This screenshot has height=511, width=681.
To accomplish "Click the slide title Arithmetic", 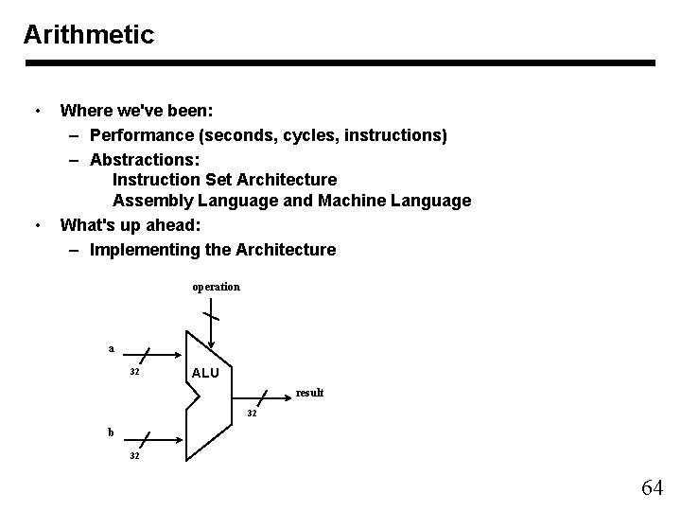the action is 88,35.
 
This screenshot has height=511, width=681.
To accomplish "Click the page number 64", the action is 652,487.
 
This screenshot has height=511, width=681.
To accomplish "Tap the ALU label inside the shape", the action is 204,373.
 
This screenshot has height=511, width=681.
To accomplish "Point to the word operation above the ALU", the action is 216,286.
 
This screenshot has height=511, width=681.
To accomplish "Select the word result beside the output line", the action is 309,392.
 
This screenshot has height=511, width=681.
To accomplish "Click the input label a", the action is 111,348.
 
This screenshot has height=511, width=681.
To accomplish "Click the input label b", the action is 111,432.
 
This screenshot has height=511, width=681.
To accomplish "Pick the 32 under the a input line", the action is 134,372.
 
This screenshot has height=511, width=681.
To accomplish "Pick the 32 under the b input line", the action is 134,456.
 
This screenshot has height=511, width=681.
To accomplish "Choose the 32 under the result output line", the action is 253,414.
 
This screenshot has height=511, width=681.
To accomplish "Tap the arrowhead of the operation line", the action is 213,344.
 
